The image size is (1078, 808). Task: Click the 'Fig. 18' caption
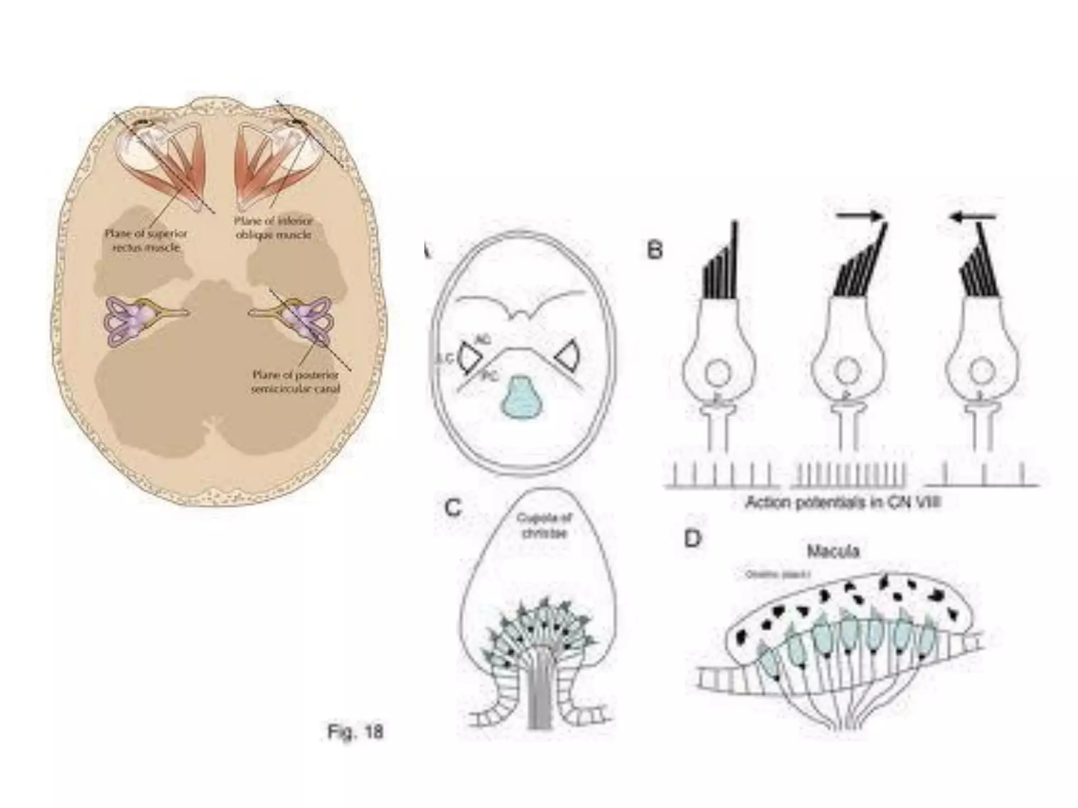coord(355,732)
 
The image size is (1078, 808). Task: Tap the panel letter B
coord(654,250)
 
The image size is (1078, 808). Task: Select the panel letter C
coord(453,508)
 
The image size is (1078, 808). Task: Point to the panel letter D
coord(693,539)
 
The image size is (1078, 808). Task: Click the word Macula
coord(833,551)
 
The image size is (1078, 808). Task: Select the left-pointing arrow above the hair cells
coord(973,216)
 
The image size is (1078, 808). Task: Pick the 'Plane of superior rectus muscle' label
coord(146,240)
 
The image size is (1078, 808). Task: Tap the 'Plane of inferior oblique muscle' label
coord(273,228)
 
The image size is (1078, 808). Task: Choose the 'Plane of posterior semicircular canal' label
coord(295,382)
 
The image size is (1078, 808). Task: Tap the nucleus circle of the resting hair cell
coord(717,373)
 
